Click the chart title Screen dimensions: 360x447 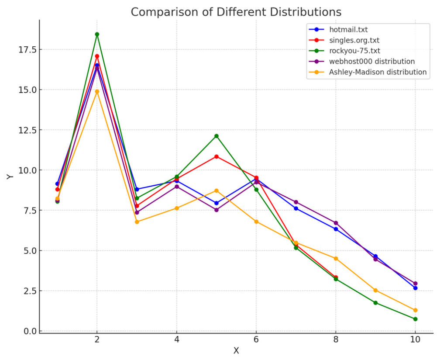[236, 12]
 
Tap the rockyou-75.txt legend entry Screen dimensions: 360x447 [354, 51]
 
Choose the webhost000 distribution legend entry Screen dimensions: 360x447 [372, 61]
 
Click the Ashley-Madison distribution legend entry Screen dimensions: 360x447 [378, 72]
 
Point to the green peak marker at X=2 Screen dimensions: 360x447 [97, 34]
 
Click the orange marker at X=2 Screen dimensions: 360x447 [97, 91]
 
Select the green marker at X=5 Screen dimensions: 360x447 [217, 136]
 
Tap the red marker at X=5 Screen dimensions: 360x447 [217, 156]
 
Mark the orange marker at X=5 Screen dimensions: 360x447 [217, 190]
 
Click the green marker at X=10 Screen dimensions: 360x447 [415, 319]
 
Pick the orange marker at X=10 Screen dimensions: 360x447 [415, 310]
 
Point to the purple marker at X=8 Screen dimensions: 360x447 [336, 223]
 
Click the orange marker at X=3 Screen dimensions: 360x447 [137, 222]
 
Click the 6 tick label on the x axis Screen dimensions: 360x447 [256, 339]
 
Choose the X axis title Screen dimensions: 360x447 [236, 351]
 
